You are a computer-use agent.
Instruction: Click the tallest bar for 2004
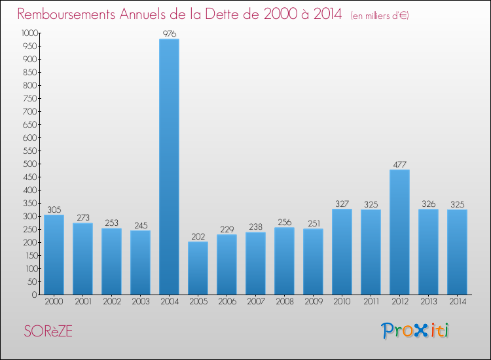(169, 167)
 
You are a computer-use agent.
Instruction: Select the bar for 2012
(399, 232)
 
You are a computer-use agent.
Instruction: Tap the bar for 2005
(198, 268)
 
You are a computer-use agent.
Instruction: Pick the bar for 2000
(54, 255)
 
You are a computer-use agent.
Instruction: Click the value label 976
(169, 33)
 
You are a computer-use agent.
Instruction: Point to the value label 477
(399, 164)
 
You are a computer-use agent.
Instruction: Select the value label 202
(198, 236)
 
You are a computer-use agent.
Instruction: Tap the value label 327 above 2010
(342, 204)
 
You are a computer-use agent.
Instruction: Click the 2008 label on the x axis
(284, 301)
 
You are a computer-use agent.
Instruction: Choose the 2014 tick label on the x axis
(457, 301)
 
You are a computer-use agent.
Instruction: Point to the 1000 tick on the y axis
(29, 33)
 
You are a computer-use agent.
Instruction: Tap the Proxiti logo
(416, 331)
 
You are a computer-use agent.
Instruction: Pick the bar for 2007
(255, 263)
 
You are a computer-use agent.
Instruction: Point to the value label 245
(140, 225)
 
